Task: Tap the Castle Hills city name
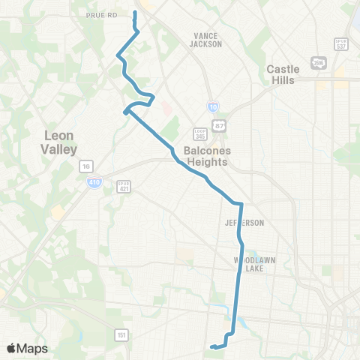point(283,75)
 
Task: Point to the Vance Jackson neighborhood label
point(207,40)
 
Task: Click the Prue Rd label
point(102,14)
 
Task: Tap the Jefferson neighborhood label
point(244,223)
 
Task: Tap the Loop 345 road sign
point(199,134)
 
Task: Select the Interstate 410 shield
point(93,182)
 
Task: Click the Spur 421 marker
point(124,184)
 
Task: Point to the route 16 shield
point(87,166)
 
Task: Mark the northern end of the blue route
point(135,13)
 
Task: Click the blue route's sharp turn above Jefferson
point(240,203)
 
